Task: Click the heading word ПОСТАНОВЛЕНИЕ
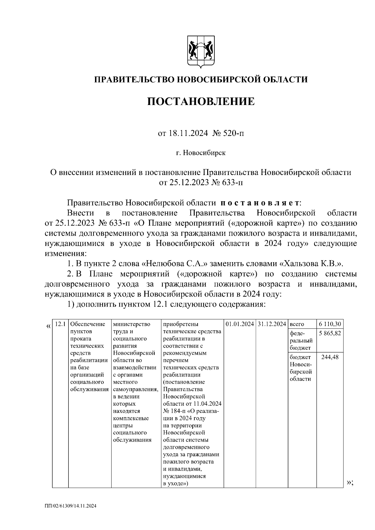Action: (201, 102)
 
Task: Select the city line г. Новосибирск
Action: (200, 153)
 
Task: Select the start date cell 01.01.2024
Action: (240, 324)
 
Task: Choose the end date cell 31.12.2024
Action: (272, 324)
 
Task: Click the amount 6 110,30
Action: (330, 324)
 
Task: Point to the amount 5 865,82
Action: (330, 333)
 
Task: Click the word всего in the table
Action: (297, 324)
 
